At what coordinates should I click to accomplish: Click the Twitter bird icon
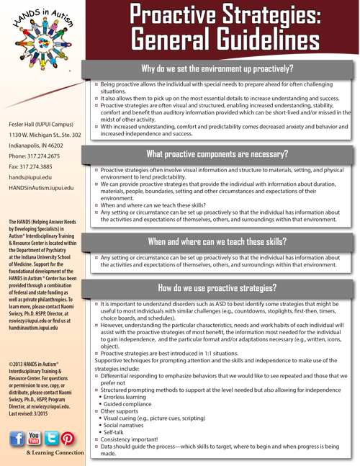tap(51, 439)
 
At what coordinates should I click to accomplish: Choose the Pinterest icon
tap(68, 439)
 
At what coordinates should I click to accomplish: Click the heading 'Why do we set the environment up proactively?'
tap(217, 70)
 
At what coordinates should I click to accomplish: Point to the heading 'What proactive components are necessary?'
tap(217, 153)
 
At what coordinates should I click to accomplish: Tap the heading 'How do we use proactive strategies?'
tap(217, 287)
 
